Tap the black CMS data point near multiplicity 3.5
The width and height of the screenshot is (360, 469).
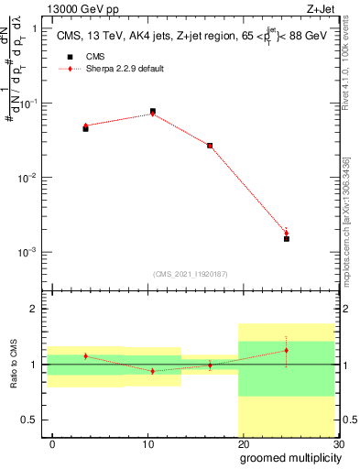tap(85, 129)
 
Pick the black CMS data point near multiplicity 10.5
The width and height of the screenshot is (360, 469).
tap(152, 111)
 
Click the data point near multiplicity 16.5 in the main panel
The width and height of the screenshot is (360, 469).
tap(210, 146)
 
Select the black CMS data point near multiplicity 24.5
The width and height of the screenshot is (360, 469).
tap(287, 238)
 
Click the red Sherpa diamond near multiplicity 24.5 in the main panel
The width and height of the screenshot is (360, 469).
tap(287, 233)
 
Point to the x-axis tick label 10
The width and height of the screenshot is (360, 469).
tap(148, 443)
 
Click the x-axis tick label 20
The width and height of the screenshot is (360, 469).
tap(243, 443)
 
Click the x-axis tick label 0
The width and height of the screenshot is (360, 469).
tap(52, 443)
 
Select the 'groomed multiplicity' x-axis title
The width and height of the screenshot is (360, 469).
tap(288, 457)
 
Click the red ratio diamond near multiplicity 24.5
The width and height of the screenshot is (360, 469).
tap(287, 350)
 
